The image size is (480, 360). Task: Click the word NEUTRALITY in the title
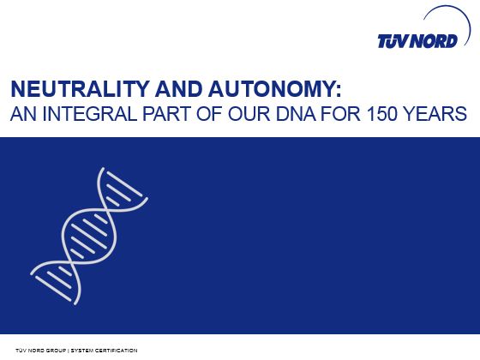(x=79, y=89)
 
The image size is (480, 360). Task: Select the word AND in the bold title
(x=178, y=89)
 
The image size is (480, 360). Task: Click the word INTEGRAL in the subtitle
(x=89, y=114)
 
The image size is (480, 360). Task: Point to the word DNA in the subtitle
(x=296, y=114)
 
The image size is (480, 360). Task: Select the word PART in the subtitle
(x=167, y=114)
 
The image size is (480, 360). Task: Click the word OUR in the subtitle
(x=249, y=114)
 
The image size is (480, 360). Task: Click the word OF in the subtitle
(x=209, y=114)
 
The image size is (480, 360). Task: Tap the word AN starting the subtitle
(x=24, y=114)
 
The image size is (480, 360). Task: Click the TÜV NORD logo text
(x=417, y=41)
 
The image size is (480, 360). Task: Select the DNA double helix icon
(x=89, y=236)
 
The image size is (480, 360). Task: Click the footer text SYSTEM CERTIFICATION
(x=104, y=351)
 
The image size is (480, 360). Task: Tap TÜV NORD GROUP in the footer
(x=41, y=351)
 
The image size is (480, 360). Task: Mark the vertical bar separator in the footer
(x=69, y=351)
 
